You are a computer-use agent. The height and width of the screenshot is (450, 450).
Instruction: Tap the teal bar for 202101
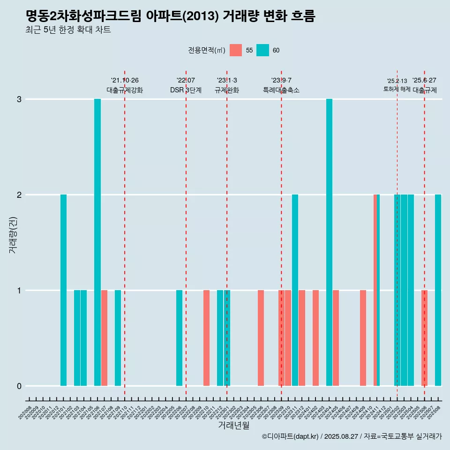click(x=63, y=290)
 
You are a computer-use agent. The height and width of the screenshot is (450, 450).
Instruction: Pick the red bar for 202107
click(x=104, y=338)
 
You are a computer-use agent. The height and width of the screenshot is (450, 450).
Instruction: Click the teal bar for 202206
click(x=179, y=338)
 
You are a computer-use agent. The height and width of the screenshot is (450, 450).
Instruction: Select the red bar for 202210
click(x=206, y=338)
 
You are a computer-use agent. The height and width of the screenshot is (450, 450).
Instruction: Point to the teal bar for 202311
click(x=295, y=290)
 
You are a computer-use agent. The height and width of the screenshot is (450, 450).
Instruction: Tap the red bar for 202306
click(x=261, y=338)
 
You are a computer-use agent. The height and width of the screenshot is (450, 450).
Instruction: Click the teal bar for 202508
click(x=438, y=290)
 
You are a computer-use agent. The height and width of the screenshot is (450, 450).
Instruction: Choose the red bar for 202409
click(x=363, y=338)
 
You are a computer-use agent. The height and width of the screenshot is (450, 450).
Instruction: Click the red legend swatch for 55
click(x=236, y=50)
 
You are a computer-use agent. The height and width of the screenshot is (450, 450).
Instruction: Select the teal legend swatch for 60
click(x=262, y=50)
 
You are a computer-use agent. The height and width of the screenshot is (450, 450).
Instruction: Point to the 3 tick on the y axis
click(x=19, y=99)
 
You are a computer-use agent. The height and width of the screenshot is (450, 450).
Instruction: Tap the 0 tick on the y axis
click(x=19, y=386)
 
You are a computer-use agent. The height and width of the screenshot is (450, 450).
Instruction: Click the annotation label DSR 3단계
click(x=186, y=90)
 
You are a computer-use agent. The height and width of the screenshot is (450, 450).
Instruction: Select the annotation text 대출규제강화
click(x=125, y=90)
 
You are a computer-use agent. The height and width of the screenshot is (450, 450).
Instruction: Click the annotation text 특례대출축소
click(x=281, y=90)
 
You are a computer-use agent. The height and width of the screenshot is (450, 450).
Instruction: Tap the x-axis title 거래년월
click(x=233, y=425)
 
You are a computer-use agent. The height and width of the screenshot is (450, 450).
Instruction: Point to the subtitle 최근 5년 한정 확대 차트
click(x=68, y=30)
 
